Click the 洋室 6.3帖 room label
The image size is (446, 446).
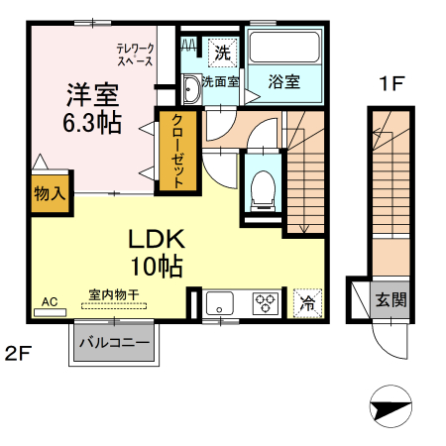[x=91, y=109]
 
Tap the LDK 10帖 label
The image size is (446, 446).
[x=155, y=252]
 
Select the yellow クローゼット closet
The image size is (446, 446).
[x=177, y=152]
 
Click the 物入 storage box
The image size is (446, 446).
[x=49, y=194]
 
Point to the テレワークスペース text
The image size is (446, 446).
[x=137, y=55]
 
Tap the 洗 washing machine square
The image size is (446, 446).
[x=222, y=51]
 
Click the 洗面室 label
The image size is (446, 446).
[x=220, y=82]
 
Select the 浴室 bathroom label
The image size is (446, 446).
[x=284, y=82]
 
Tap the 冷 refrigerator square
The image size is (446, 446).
[x=307, y=303]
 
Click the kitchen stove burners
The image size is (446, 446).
[x=266, y=302]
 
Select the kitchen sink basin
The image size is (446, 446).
[x=219, y=302]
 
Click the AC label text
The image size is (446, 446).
[x=50, y=300]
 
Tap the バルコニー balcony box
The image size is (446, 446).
[x=114, y=345]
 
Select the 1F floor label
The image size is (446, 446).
[x=390, y=84]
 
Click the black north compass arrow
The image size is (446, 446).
[x=390, y=406]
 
